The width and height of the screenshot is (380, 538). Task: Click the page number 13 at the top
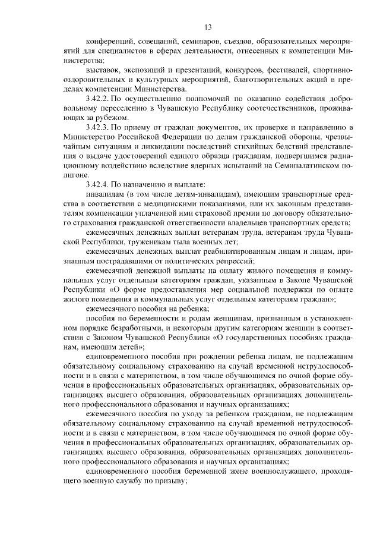(x=207, y=27)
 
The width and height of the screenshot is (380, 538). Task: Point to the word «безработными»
(x=134, y=328)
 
